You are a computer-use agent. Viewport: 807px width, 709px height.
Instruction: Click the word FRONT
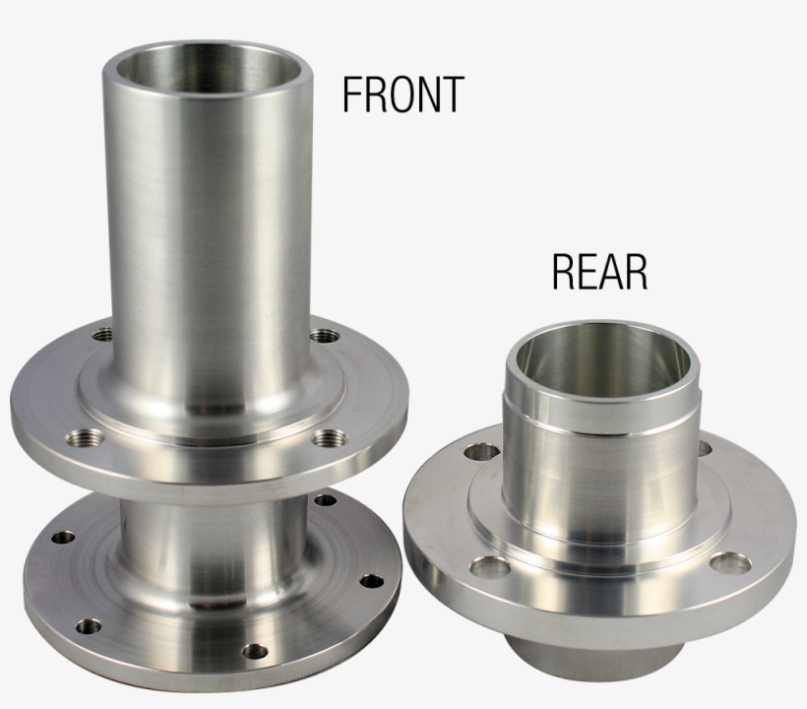pyautogui.click(x=403, y=94)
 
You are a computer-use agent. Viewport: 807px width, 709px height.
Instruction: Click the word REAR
pyautogui.click(x=599, y=272)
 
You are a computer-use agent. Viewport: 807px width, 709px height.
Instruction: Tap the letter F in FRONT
pyautogui.click(x=351, y=94)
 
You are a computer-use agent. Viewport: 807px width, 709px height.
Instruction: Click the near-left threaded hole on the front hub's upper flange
pyautogui.click(x=85, y=438)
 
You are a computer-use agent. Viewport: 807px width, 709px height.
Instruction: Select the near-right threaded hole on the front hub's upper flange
pyautogui.click(x=330, y=438)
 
